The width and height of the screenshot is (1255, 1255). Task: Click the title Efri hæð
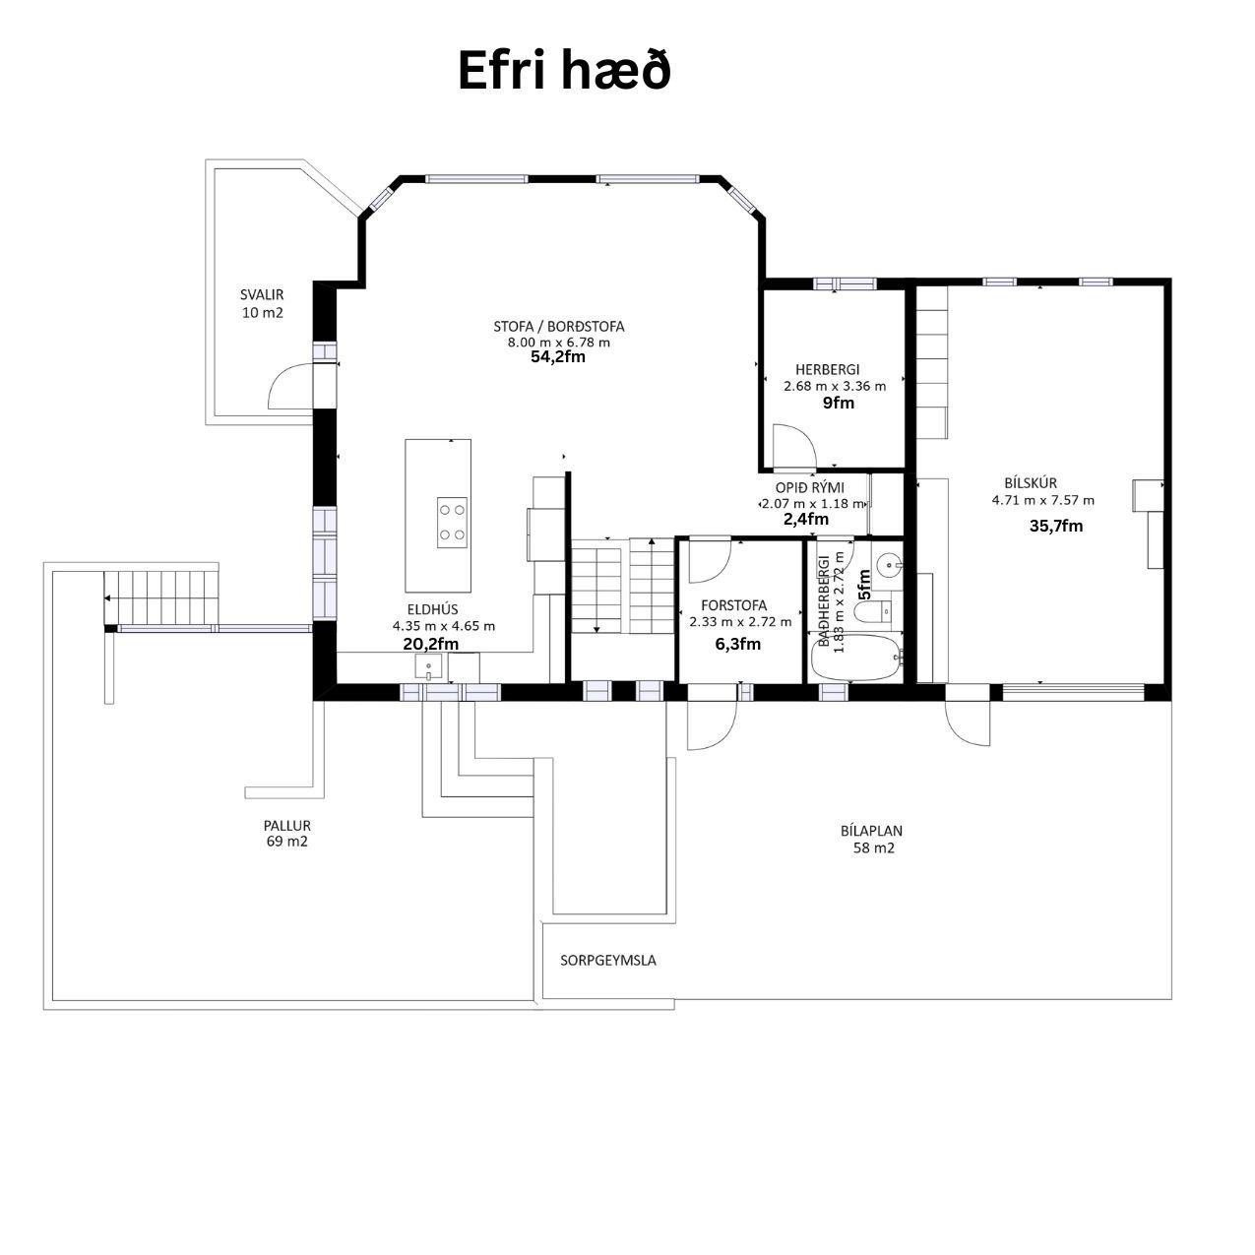tap(564, 70)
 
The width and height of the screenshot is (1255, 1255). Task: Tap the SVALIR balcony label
tap(262, 294)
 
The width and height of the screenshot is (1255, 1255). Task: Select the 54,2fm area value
tap(558, 357)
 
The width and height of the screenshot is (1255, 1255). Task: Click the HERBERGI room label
tap(827, 369)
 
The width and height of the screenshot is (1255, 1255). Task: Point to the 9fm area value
tap(839, 403)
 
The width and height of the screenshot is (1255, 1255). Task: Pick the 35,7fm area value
tap(1056, 526)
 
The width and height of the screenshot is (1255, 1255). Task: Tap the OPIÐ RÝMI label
tap(809, 487)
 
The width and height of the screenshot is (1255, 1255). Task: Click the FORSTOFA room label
tap(734, 605)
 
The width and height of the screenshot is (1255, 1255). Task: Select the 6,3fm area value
tap(738, 644)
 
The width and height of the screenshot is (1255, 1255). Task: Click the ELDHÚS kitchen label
tap(432, 609)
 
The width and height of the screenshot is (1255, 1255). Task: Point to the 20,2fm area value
tap(430, 644)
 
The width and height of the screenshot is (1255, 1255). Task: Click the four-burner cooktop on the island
tap(452, 523)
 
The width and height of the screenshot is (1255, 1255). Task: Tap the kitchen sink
tap(428, 666)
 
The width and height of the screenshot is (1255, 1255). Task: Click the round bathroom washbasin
tap(888, 565)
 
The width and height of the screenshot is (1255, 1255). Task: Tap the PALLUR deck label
tap(287, 826)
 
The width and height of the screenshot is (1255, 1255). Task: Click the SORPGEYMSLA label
tap(608, 960)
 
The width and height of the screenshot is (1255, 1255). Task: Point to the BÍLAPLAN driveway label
tap(871, 831)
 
